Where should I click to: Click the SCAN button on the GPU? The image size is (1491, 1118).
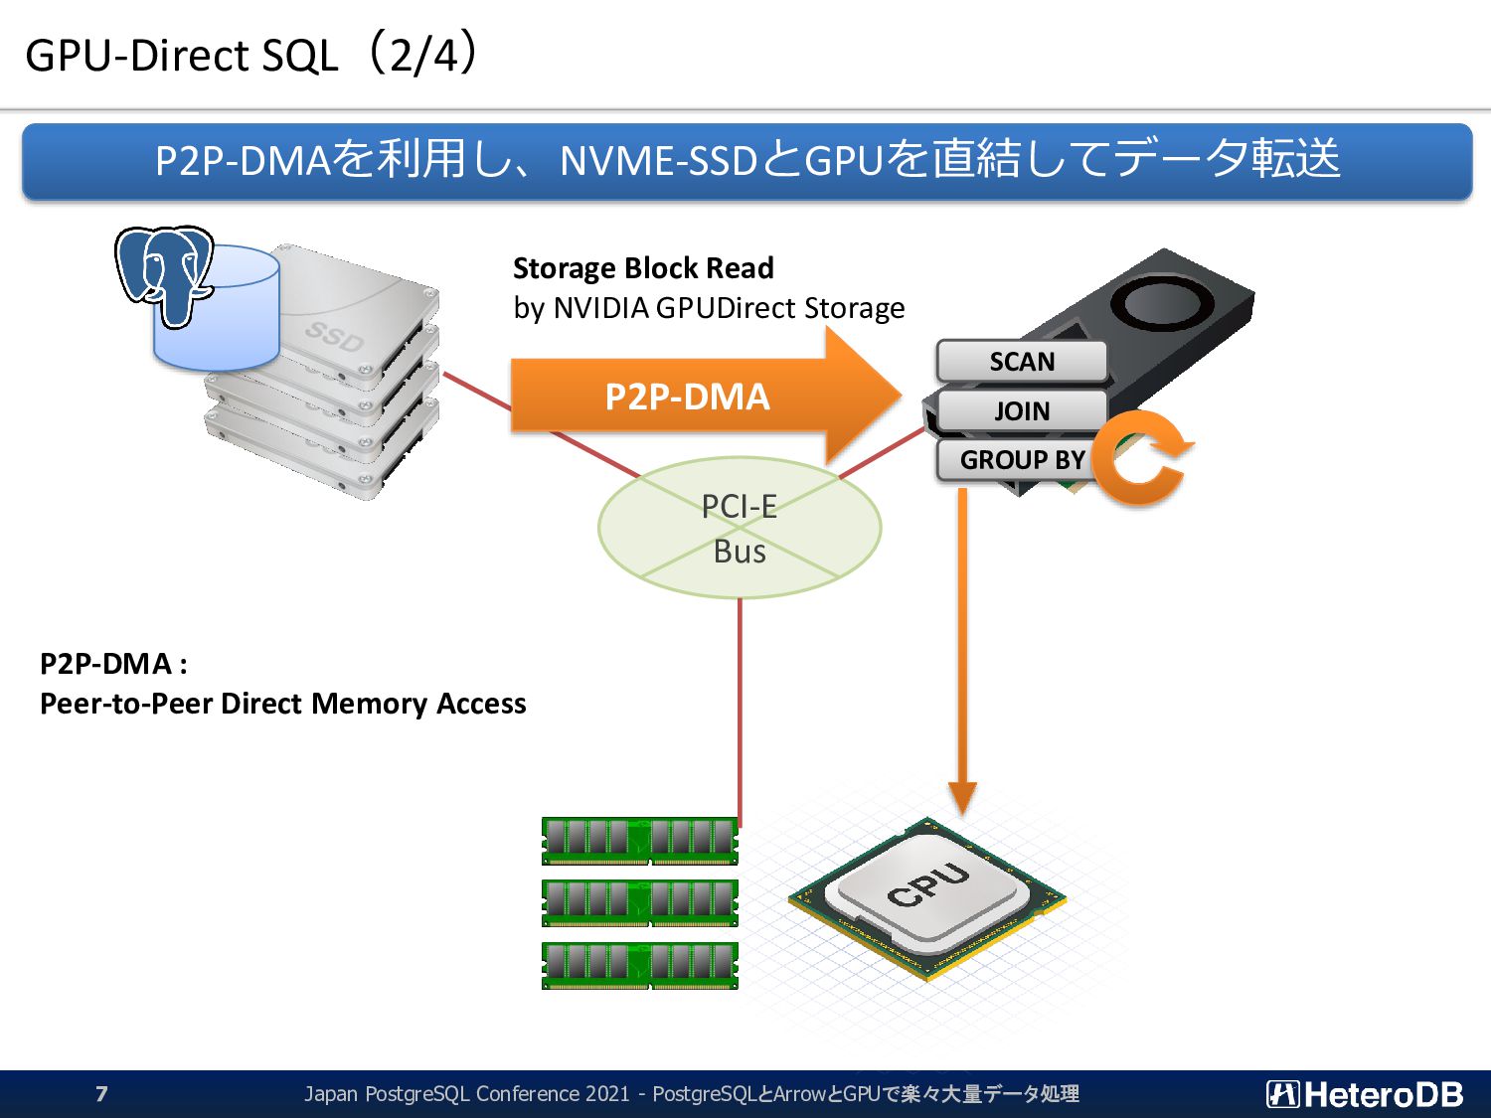[1022, 361]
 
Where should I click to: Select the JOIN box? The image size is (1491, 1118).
[1022, 410]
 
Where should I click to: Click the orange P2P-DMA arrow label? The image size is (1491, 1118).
[687, 398]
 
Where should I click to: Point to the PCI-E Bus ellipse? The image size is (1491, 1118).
[740, 528]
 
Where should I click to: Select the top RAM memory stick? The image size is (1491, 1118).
[640, 841]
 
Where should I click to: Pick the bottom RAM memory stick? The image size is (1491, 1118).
[640, 965]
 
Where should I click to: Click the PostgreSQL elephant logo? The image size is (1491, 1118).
[165, 275]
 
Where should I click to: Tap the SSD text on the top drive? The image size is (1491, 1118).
[334, 336]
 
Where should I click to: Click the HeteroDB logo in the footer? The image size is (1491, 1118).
[1365, 1094]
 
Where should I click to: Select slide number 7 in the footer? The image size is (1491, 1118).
[101, 1093]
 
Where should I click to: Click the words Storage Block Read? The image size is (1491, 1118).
[643, 268]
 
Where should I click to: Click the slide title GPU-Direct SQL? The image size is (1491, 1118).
[181, 56]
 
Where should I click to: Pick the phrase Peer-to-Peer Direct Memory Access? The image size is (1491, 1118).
[282, 704]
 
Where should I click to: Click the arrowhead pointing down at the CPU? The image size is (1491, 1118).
[962, 798]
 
